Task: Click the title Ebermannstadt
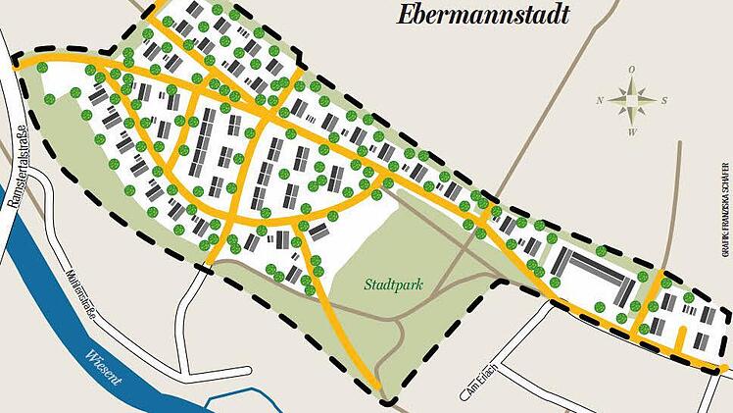(x=483, y=14)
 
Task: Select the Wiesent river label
(x=103, y=366)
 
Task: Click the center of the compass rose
(x=633, y=100)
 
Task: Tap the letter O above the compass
(x=633, y=69)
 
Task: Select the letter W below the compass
(x=633, y=131)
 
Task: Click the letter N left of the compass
(x=600, y=100)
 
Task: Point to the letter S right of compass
(x=664, y=100)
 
